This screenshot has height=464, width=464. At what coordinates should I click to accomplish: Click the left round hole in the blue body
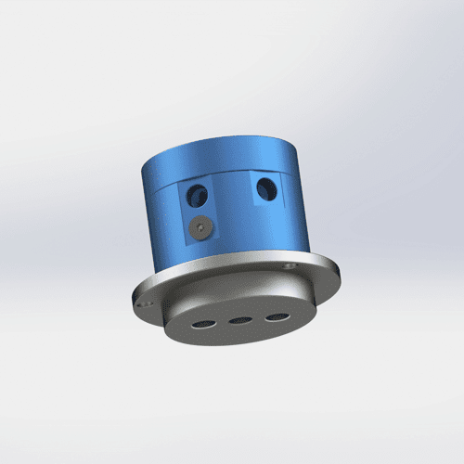(x=197, y=195)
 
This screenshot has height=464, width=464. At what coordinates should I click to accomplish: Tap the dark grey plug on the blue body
(x=202, y=226)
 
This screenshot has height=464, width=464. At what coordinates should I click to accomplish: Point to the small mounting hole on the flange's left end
(x=143, y=302)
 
